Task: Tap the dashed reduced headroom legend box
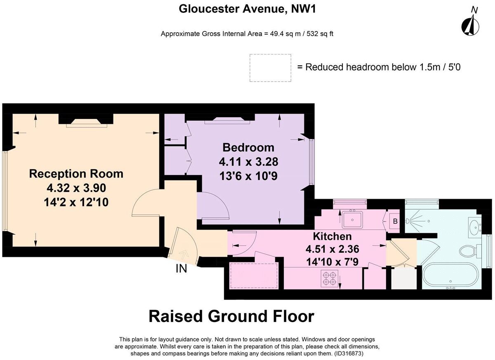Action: pos(270,68)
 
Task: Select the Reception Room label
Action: pos(76,174)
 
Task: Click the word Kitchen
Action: pos(332,237)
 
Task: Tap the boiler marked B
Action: pos(395,222)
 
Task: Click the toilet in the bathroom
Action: pos(469,250)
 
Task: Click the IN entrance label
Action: pos(181,269)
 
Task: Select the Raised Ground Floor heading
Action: pos(231,317)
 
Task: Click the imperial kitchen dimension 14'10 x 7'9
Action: pos(332,261)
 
